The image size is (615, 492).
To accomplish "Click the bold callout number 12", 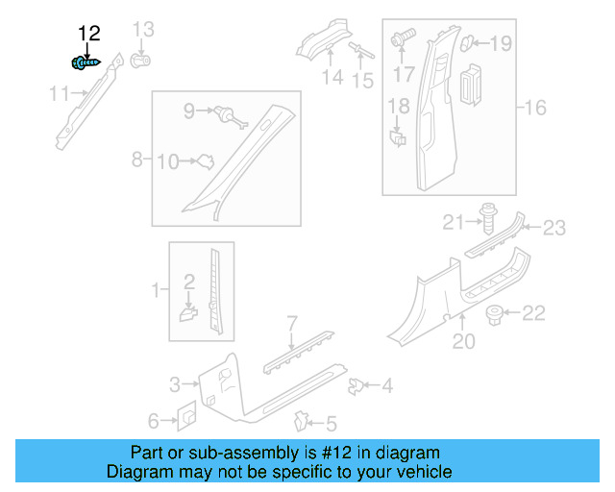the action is [88, 35].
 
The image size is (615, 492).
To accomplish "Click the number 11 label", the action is [60, 93].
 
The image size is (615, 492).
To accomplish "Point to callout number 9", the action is [189, 111].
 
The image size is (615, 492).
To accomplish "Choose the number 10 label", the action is [167, 161].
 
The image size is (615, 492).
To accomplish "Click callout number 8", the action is [137, 158].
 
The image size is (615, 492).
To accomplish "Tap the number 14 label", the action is [332, 78].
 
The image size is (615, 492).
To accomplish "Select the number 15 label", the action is [362, 81].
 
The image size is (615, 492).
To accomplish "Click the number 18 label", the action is [399, 107].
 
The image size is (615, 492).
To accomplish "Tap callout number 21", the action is [454, 224].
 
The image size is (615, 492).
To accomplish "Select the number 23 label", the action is [554, 228].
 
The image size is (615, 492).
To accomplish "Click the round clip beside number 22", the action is [495, 312].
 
